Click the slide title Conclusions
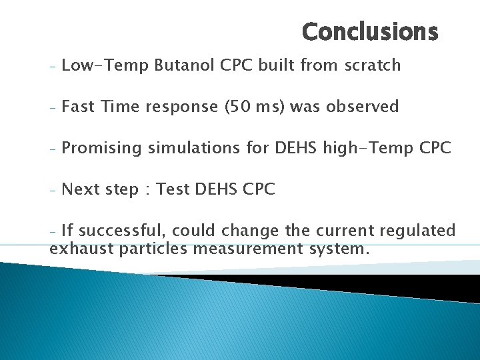[x=370, y=31]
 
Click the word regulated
[x=417, y=231]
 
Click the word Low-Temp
[x=104, y=65]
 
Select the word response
[x=165, y=107]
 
